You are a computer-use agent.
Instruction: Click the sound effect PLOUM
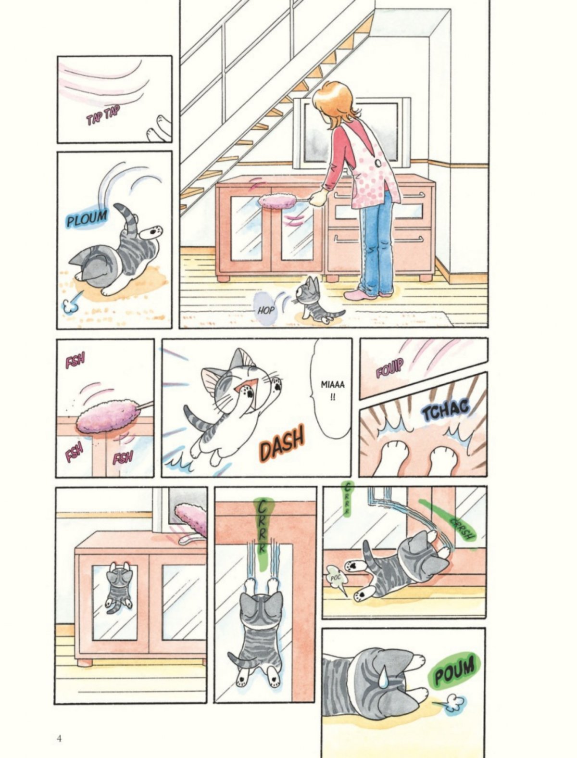[x=87, y=218]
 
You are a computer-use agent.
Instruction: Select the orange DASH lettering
[x=282, y=443]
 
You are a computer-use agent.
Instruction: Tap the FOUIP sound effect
[x=390, y=370]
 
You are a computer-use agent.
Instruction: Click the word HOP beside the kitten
[x=266, y=310]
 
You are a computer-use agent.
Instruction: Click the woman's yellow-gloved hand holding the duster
[x=318, y=199]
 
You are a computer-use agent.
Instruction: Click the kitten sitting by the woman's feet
[x=316, y=301]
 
